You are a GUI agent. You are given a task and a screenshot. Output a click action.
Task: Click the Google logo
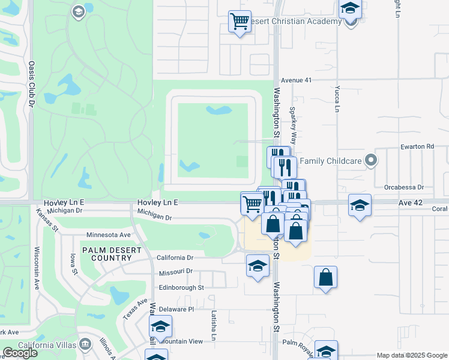(x=20, y=353)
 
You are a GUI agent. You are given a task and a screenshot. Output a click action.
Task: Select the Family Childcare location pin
(x=372, y=160)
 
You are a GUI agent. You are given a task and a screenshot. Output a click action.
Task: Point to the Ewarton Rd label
(x=417, y=146)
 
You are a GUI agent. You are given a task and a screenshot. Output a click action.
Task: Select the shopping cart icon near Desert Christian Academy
(x=240, y=22)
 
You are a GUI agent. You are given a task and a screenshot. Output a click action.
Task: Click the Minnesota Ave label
(x=109, y=235)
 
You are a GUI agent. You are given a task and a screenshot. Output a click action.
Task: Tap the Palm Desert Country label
(x=107, y=254)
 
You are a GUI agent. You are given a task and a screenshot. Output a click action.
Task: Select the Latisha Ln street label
(x=213, y=326)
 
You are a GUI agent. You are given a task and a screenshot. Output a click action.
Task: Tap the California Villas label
(x=47, y=344)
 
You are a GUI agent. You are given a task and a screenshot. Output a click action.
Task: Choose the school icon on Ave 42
(x=360, y=205)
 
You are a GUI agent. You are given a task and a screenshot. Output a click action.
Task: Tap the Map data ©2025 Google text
(x=412, y=355)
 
